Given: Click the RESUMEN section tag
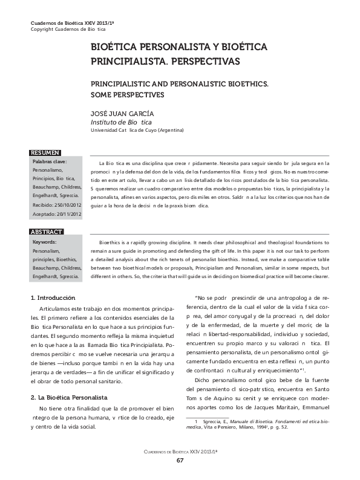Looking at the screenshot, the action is [45, 153].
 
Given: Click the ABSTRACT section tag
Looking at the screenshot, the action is [47, 232].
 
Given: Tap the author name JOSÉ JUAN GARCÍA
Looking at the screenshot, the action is [122, 113].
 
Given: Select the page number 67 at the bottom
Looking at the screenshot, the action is [180, 461].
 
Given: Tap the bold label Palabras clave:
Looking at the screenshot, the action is [50, 162].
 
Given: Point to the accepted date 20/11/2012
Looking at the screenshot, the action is [67, 213].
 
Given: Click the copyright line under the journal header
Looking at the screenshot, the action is [68, 30].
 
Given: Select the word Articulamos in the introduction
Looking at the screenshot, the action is [55, 309].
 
